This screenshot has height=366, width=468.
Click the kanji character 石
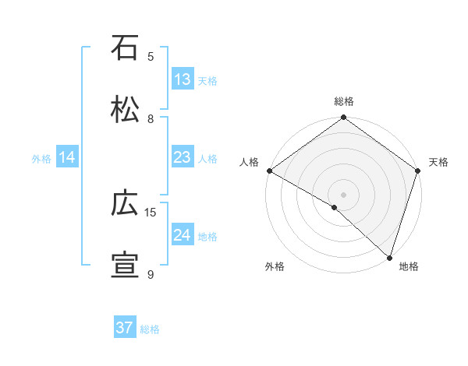click(126, 48)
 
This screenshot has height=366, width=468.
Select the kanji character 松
click(126, 110)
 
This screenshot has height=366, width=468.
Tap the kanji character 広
click(126, 204)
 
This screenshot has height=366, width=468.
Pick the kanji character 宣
click(126, 266)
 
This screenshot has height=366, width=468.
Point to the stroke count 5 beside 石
click(151, 56)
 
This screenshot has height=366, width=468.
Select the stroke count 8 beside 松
click(151, 118)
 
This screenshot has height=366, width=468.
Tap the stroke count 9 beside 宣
click(151, 274)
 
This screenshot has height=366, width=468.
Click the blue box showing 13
click(183, 79)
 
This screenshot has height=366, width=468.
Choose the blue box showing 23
click(183, 157)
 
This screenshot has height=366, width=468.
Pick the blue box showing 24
click(183, 235)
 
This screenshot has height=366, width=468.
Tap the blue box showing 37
click(125, 328)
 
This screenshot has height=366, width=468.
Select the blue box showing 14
click(67, 157)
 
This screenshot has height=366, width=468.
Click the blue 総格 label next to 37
click(150, 329)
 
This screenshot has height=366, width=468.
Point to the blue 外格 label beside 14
click(41, 158)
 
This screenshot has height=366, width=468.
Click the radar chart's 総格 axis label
click(343, 102)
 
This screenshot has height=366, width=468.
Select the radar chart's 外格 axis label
click(275, 267)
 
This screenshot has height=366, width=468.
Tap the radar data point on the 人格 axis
click(269, 171)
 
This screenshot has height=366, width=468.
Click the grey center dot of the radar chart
click(343, 194)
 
